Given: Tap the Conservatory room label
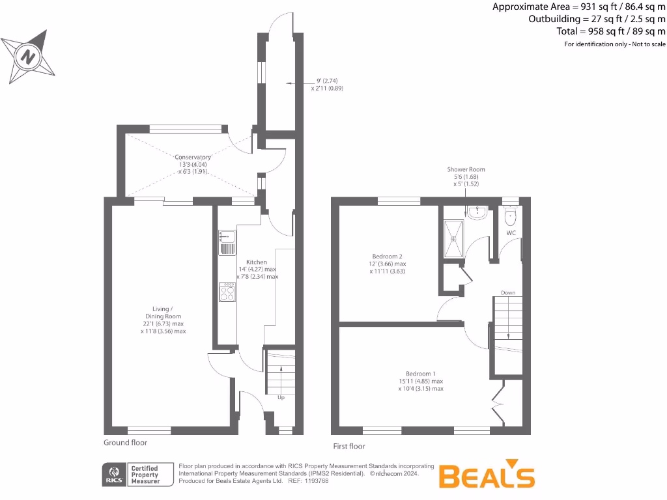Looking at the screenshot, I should coord(192,157).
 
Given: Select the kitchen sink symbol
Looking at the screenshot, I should coord(227,242).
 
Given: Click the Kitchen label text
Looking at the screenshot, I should coord(257,262).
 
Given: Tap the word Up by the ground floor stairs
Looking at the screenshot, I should coord(281,397).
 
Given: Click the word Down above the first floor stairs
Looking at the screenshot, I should coord(508,293).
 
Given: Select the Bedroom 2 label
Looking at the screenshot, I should coord(388,256).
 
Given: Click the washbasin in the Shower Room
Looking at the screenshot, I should coord(477,212).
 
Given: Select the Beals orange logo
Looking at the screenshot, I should coord(487,476).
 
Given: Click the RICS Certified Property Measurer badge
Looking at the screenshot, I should coord(137,475).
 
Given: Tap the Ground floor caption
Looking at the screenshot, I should coord(126,443).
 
